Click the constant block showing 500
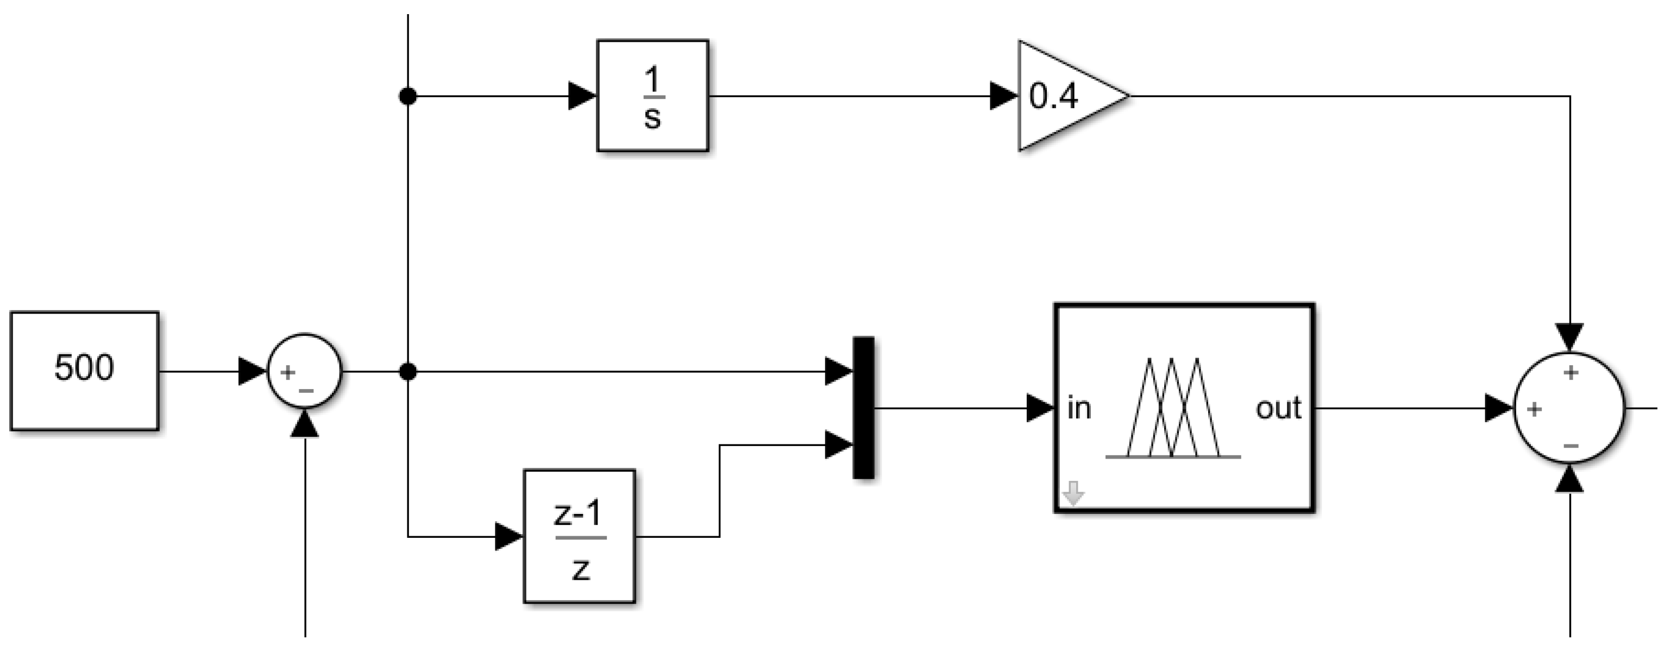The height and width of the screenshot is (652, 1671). tap(84, 371)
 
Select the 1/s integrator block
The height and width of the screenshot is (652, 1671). tap(652, 96)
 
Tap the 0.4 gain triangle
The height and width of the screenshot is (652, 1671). tap(1064, 96)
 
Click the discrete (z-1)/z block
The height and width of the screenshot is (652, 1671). tap(579, 536)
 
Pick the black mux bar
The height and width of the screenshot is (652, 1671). tap(863, 407)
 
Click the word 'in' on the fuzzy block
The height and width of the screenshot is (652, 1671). tap(1079, 409)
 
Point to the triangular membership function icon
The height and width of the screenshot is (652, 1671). tap(1173, 409)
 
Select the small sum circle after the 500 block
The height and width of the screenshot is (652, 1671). tap(304, 371)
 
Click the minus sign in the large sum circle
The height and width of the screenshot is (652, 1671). tap(1571, 446)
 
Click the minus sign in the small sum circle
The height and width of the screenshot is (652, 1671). tap(306, 391)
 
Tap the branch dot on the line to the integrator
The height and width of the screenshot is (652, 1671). tap(407, 97)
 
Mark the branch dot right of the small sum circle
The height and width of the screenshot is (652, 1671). tap(407, 372)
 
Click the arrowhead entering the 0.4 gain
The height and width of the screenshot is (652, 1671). tap(1003, 96)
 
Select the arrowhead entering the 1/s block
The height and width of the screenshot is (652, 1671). tap(582, 96)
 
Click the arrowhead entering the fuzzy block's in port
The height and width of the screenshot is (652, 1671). tap(1040, 409)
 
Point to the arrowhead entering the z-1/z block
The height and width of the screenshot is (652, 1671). tap(508, 536)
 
